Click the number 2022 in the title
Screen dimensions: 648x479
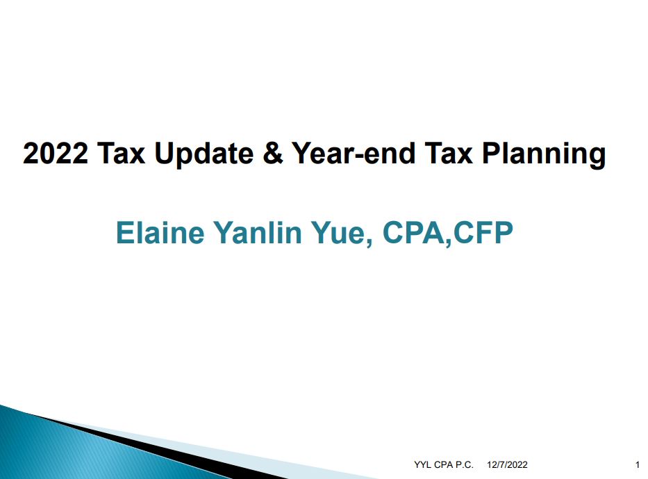(x=56, y=153)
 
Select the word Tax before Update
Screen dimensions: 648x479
(x=121, y=153)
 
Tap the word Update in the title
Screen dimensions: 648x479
(x=203, y=155)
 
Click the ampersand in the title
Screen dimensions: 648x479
(x=272, y=153)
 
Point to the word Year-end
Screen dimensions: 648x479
(x=354, y=153)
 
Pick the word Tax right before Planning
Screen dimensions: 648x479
(x=449, y=153)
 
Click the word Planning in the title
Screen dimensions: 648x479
(x=544, y=155)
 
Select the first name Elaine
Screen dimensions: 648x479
(x=160, y=232)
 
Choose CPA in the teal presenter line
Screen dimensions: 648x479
(x=413, y=232)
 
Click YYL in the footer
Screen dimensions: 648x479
(x=423, y=464)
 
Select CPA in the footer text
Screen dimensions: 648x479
(x=443, y=464)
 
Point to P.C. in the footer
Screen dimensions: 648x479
(x=465, y=464)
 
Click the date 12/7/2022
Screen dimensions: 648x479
(x=507, y=464)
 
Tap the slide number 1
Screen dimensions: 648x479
(x=638, y=464)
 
